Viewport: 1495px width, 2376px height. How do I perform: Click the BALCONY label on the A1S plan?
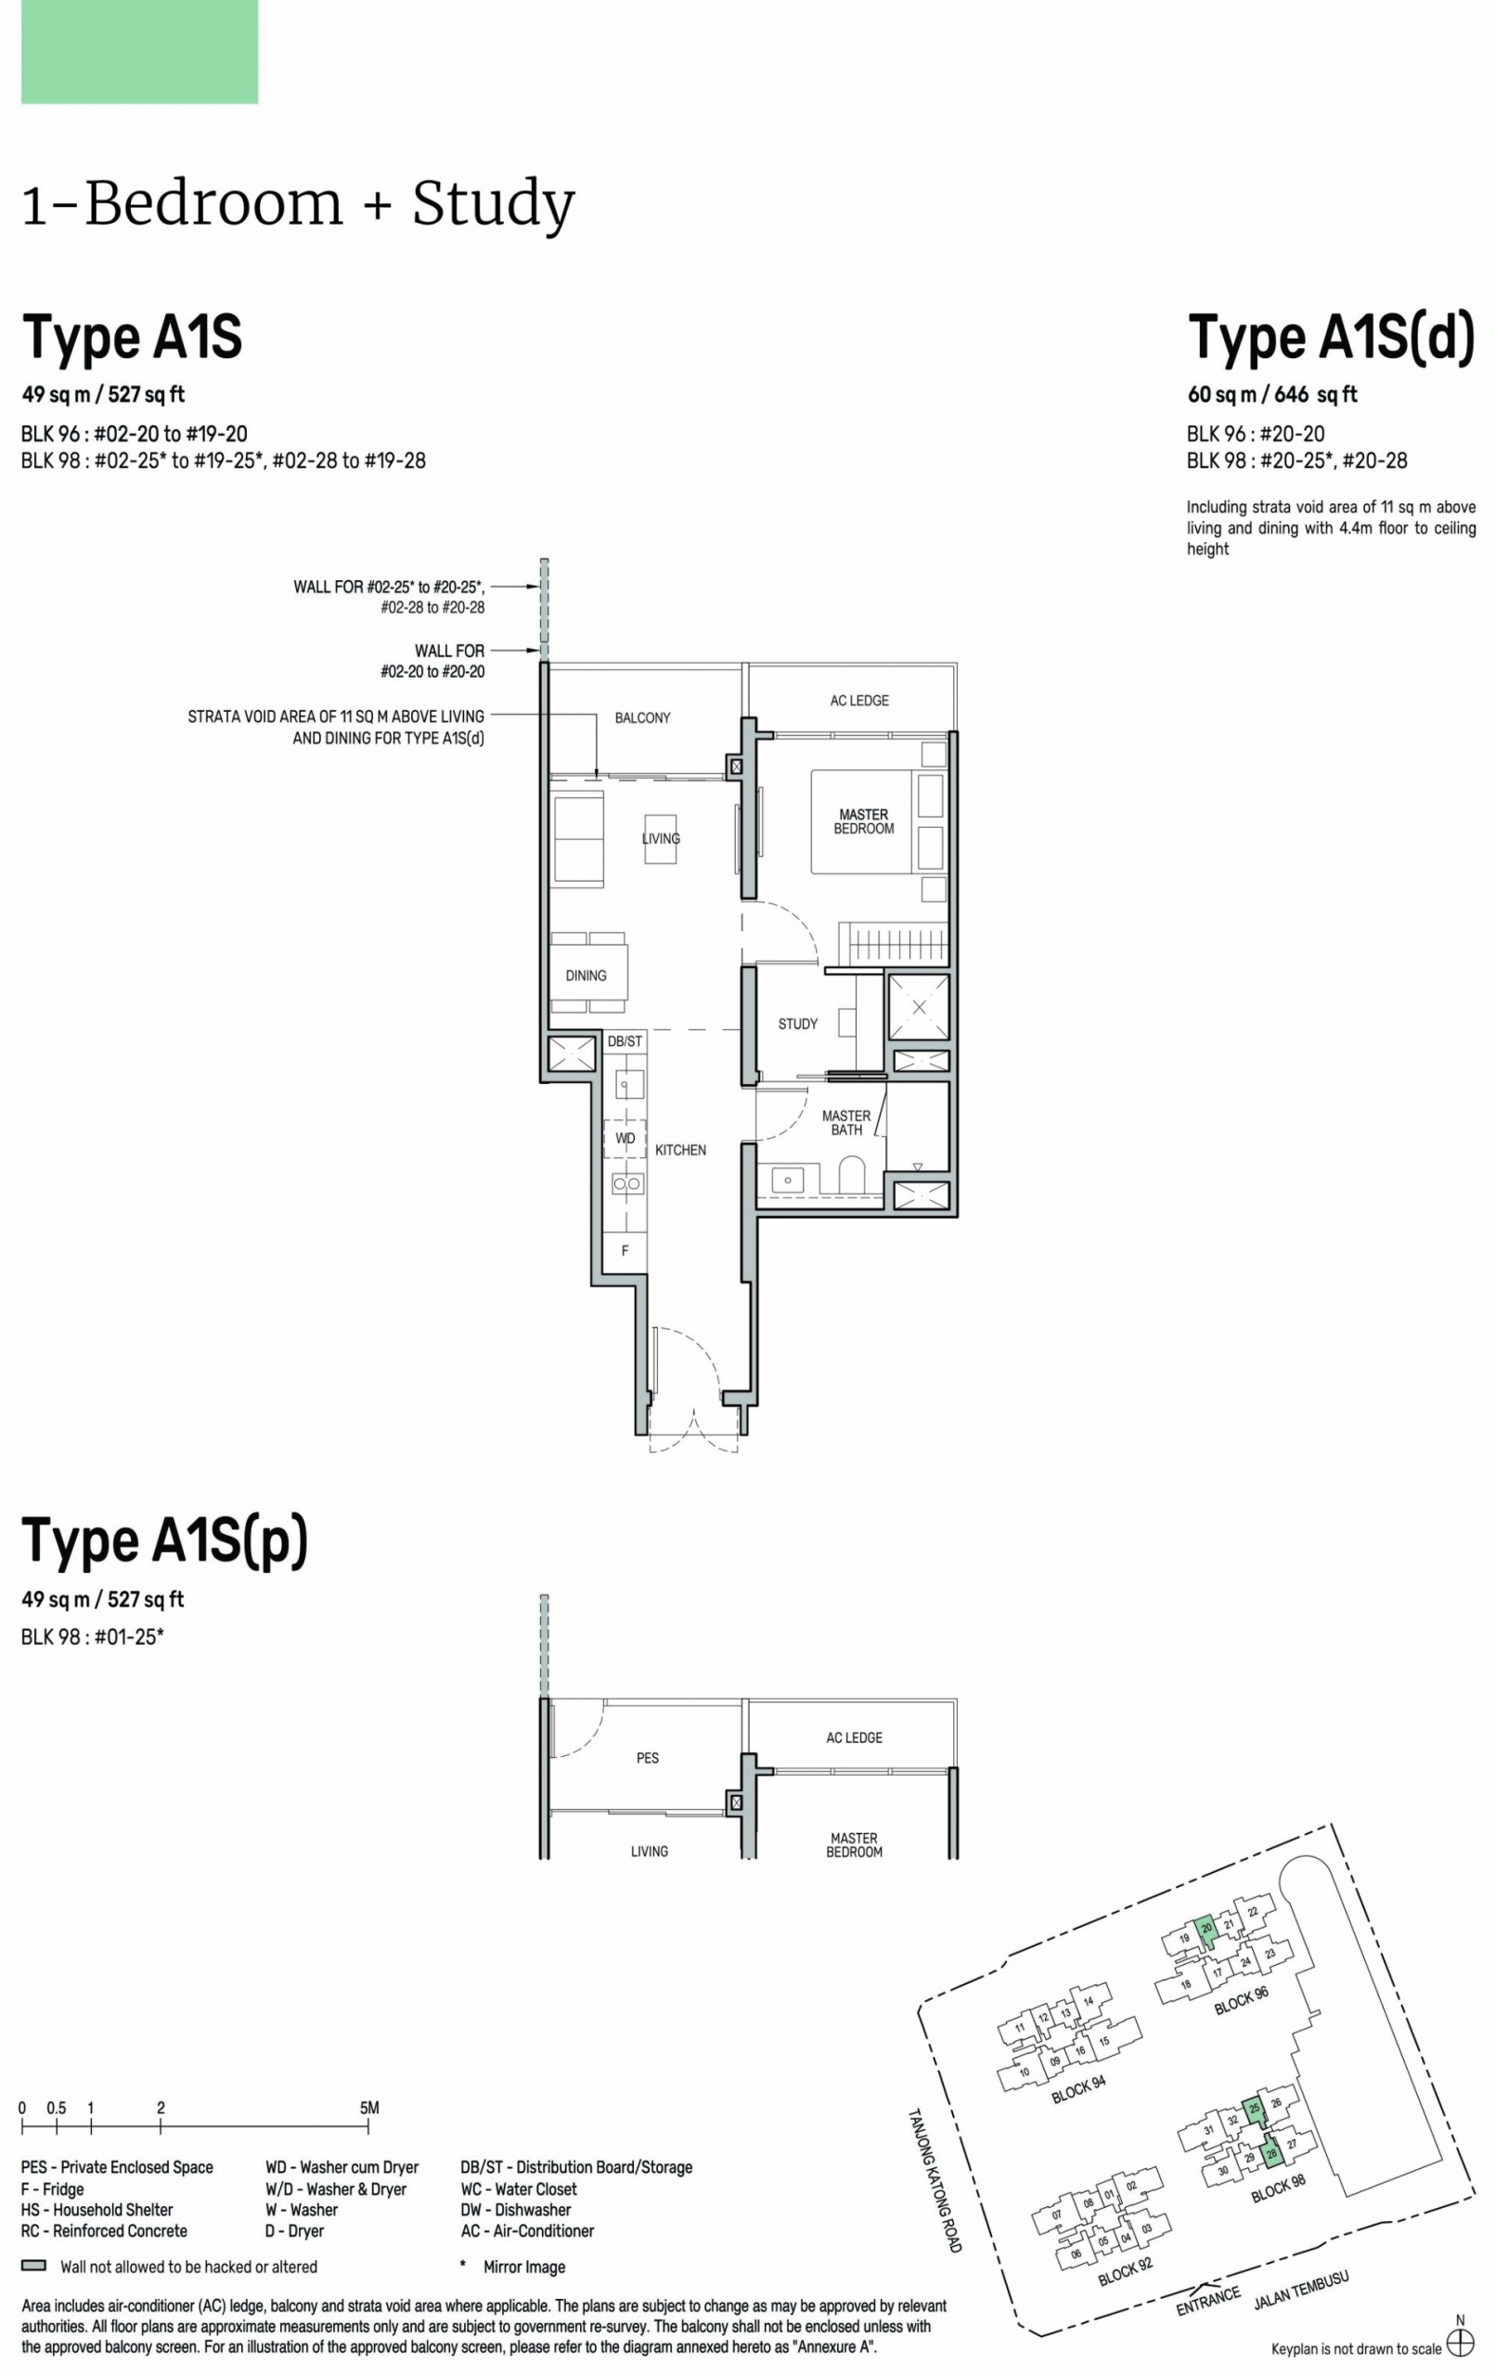tap(642, 717)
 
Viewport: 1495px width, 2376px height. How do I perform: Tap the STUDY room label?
tap(797, 1025)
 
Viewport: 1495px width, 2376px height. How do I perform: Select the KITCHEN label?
tap(680, 1150)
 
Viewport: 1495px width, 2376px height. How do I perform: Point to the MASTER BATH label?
tap(845, 1123)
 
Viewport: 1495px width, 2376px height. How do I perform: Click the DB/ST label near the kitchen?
tap(625, 1041)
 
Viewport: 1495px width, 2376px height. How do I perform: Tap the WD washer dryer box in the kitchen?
tap(625, 1138)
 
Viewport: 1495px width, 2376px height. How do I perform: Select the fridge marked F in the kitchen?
tap(625, 1250)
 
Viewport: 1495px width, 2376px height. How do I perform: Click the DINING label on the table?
tap(586, 975)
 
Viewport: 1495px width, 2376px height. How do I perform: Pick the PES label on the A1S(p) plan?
tap(648, 1757)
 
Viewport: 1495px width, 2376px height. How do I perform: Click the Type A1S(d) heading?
tap(1331, 337)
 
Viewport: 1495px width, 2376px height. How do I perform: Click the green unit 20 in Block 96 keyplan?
tap(1205, 1929)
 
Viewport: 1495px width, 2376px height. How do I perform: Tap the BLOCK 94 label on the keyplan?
tap(1077, 2089)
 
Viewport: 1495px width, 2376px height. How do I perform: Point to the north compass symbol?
tap(1460, 2342)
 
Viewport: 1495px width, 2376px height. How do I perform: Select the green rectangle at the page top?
tap(139, 51)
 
